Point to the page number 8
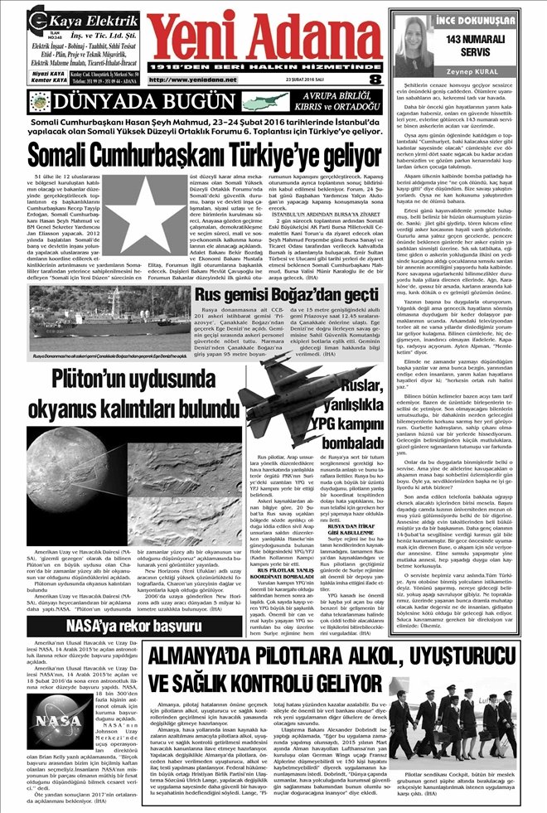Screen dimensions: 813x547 pyautogui.click(x=375, y=79)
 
